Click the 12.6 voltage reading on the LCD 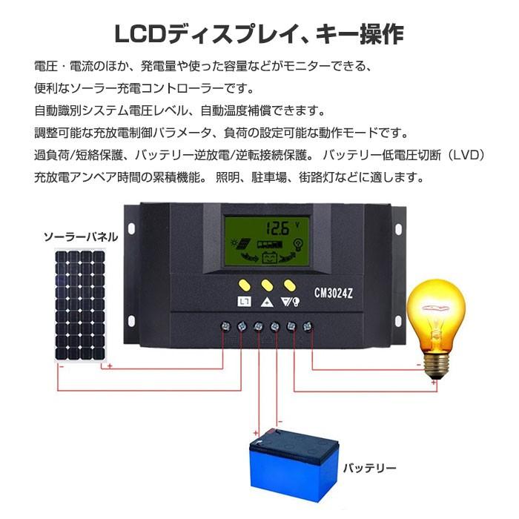pyautogui.click(x=278, y=228)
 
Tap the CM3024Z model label pyautogui.click(x=334, y=293)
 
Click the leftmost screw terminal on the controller pyautogui.click(x=225, y=327)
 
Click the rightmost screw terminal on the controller pyautogui.click(x=308, y=327)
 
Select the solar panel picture pyautogui.click(x=80, y=305)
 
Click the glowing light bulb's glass pyautogui.click(x=436, y=316)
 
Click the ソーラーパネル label pyautogui.click(x=81, y=237)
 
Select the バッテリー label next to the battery pyautogui.click(x=369, y=468)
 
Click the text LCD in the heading pyautogui.click(x=140, y=34)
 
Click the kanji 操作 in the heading pyautogui.click(x=382, y=34)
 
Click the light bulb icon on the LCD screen pyautogui.click(x=299, y=245)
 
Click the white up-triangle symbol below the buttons pyautogui.click(x=267, y=302)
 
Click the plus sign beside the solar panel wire pyautogui.click(x=110, y=366)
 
